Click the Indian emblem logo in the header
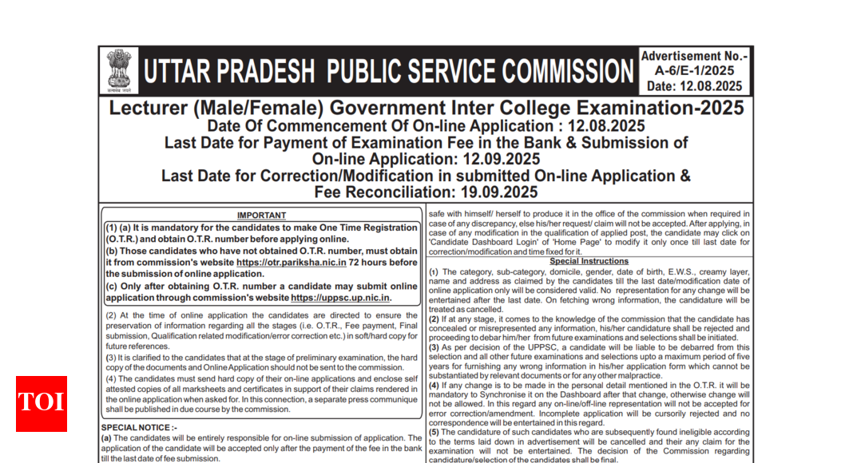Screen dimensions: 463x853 120,70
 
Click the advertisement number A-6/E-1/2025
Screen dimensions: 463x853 694,71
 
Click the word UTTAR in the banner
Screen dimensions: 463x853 183,71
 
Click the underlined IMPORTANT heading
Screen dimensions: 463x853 261,216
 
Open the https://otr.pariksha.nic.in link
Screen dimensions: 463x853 292,262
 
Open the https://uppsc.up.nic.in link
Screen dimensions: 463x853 340,297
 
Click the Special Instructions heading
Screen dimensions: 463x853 589,261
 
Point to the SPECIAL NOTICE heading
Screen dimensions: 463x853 135,428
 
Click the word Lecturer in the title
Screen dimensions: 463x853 149,109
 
